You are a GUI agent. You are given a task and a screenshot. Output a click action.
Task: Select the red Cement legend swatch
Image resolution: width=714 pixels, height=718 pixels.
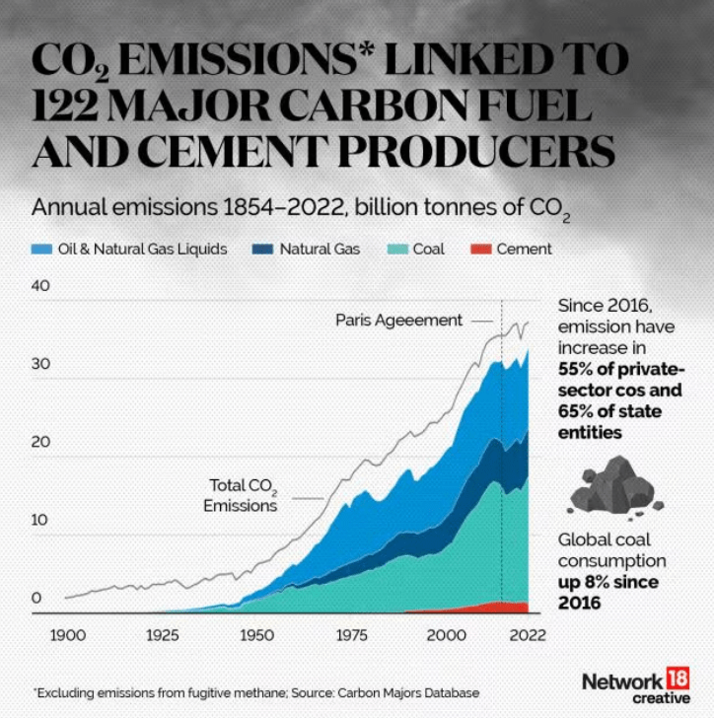point(479,250)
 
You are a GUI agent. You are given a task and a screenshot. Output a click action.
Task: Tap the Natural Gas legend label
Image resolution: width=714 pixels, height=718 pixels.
point(320,250)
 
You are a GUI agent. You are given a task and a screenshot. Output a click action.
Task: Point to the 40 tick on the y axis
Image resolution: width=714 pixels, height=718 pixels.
point(40,285)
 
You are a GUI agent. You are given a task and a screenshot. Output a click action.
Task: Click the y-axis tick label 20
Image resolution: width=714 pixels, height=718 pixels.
point(40,442)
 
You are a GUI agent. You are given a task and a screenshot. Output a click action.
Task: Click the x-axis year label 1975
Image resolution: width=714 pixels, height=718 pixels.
point(350,632)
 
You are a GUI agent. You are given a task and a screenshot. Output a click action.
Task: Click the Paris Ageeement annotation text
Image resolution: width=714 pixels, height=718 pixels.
point(398,321)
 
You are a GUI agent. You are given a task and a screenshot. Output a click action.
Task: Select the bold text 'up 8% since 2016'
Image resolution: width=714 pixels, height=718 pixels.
point(607,592)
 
